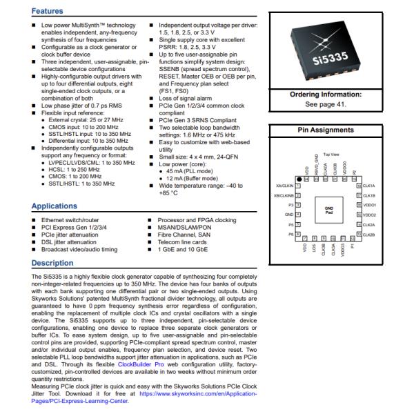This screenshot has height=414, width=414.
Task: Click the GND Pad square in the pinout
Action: pyautogui.click(x=329, y=211)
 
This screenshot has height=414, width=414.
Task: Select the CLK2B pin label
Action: pyautogui.click(x=369, y=235)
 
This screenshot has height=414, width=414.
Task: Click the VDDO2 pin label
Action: pyautogui.click(x=370, y=215)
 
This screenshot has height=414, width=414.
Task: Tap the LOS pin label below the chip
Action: pyautogui.click(x=314, y=248)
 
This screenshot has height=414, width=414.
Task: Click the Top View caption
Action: pyautogui.click(x=331, y=154)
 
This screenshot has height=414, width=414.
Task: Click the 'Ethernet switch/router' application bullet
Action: pyautogui.click(x=69, y=219)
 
